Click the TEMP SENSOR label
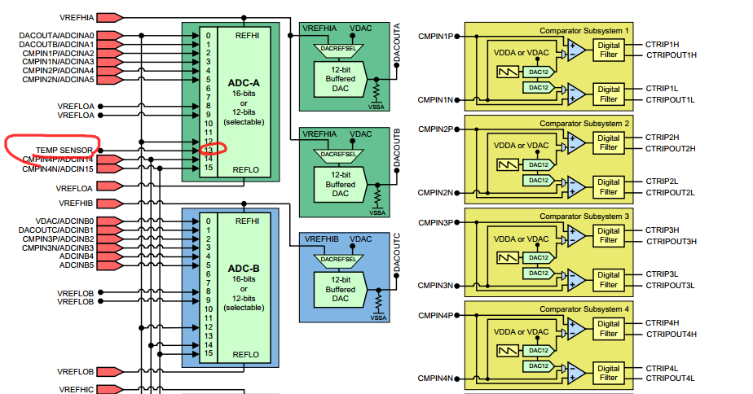[64, 151]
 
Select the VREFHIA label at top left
[77, 17]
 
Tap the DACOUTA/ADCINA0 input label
[58, 35]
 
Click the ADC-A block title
[244, 83]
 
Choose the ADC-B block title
[244, 269]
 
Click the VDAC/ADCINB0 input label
[65, 221]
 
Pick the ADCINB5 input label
[77, 265]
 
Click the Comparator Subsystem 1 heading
[584, 30]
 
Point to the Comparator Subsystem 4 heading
[584, 309]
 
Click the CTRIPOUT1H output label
[672, 55]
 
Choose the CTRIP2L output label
[663, 181]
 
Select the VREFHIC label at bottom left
[77, 388]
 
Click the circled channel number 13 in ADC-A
[209, 149]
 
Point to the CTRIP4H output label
[663, 322]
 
